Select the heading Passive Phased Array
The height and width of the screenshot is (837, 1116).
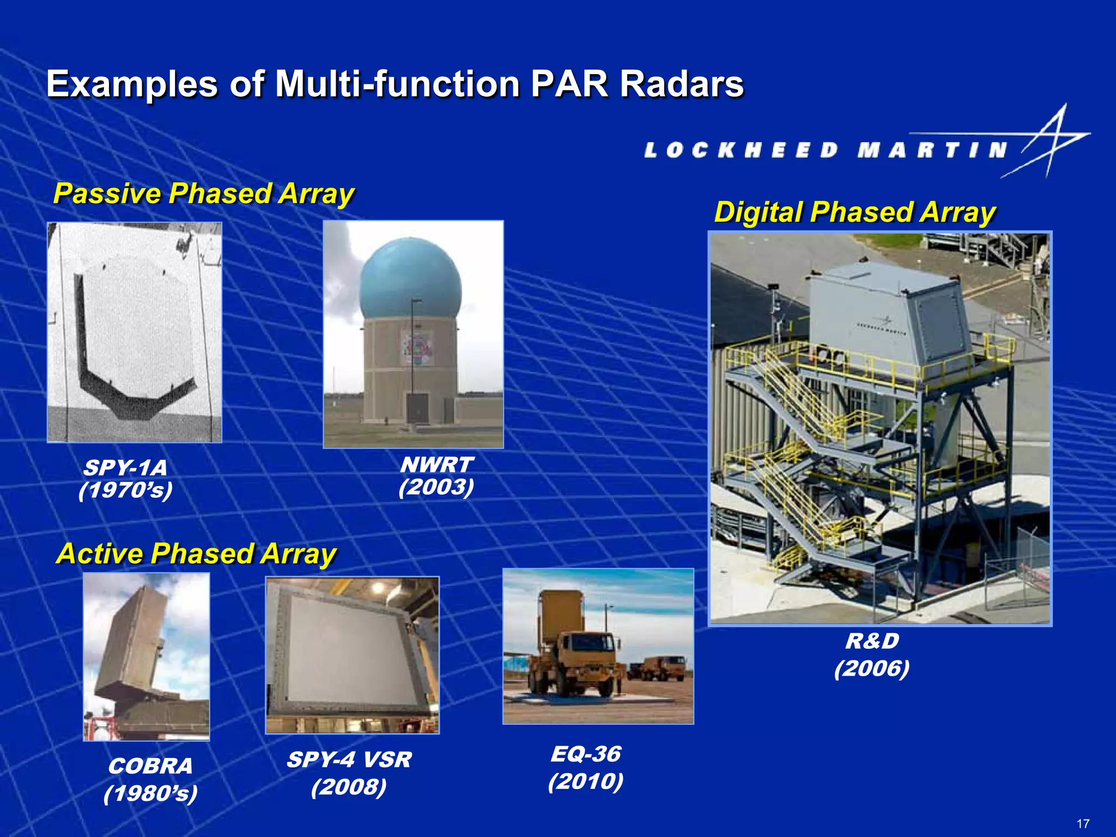[x=204, y=193]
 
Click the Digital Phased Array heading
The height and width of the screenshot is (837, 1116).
[x=854, y=212]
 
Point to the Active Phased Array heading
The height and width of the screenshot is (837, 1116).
[x=196, y=554]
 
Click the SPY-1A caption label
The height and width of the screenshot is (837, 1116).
[x=125, y=468]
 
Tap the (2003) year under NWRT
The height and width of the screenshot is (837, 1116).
[x=436, y=487]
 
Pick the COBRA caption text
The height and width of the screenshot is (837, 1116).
[x=150, y=766]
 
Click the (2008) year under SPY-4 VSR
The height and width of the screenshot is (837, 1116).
[x=349, y=787]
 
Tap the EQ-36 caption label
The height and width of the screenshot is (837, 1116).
[x=586, y=754]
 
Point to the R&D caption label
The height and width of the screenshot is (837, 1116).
[x=872, y=641]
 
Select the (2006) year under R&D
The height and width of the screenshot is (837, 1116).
[x=872, y=668]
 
